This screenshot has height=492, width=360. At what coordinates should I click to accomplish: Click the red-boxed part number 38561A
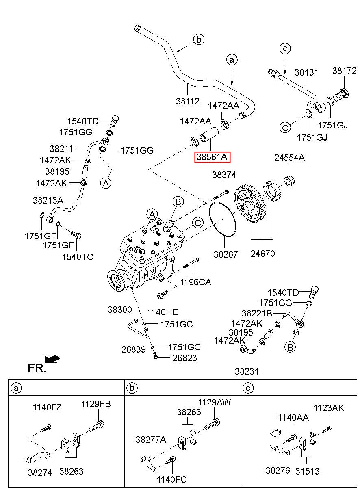tap(212, 157)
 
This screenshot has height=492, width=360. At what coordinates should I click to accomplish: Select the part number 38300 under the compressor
tap(120, 310)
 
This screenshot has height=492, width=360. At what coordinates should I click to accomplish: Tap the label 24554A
tap(289, 158)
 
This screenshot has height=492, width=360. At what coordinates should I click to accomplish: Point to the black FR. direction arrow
tap(52, 359)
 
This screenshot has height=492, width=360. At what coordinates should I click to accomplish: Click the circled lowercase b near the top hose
tap(199, 40)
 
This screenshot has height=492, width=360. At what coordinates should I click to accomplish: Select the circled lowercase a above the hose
tap(232, 60)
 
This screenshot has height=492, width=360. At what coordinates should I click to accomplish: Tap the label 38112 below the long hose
tap(188, 101)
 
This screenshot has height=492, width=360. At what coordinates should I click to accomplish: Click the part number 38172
tap(344, 71)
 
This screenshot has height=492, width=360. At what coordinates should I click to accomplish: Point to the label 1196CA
tap(196, 282)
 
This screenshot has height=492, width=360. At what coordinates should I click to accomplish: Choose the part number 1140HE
tap(163, 312)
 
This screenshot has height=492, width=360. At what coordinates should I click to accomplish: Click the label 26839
tap(134, 349)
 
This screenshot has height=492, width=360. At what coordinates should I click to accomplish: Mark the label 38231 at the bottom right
tap(247, 371)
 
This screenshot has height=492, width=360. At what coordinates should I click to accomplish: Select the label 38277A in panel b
tap(151, 440)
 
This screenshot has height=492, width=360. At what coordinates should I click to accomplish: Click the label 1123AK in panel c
tap(328, 408)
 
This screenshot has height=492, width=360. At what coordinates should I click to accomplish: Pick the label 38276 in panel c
tap(278, 470)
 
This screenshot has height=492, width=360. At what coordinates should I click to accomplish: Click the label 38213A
tap(48, 200)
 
